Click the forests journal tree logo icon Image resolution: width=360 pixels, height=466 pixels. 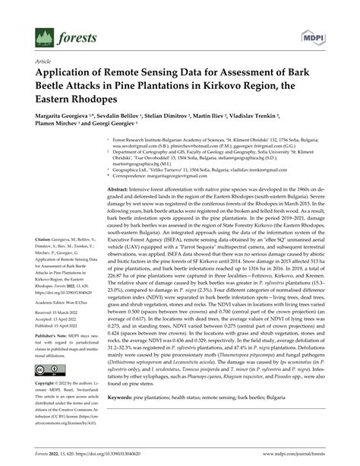(x=41, y=36)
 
